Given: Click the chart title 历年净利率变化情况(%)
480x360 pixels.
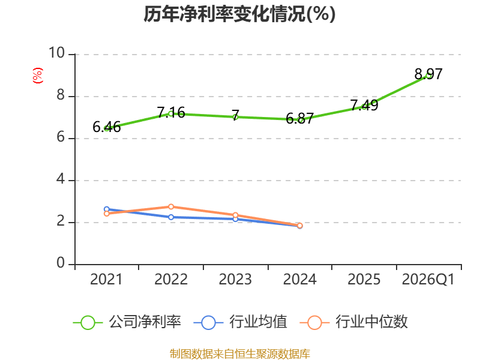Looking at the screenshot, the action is pos(239,14).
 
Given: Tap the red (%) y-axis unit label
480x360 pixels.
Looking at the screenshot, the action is pos(37,76).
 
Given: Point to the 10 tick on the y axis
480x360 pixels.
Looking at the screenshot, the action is pos(56,53).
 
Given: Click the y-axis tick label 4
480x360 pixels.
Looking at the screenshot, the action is pos(61,179).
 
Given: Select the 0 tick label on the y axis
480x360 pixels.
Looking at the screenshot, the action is pos(61,263).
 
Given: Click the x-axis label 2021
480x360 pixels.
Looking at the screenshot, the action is pos(106,280).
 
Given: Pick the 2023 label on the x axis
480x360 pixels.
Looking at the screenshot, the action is pos(235,280).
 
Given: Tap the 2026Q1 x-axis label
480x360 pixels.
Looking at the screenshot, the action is pos(428,280).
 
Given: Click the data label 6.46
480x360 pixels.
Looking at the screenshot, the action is pos(107,127).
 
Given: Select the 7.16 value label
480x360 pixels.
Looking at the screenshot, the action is pos(171,113).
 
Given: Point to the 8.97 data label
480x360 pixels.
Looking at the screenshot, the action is pos(428,74).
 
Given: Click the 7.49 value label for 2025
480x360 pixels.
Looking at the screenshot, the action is pos(364,106).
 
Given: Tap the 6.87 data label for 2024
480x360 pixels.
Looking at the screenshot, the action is pos(299,118).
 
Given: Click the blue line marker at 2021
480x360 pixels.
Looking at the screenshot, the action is pos(107,209).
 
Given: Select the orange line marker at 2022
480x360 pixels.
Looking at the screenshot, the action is pos(171,206).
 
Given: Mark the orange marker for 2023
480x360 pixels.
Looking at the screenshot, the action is pos(235,215).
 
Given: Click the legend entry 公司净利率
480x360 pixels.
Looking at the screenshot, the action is pos(127,322).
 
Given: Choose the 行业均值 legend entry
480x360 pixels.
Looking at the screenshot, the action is pos(241,322).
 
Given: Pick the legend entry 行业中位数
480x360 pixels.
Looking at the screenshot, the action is pos(354,322).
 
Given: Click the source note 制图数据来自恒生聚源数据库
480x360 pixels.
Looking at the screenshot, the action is pos(240,354).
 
